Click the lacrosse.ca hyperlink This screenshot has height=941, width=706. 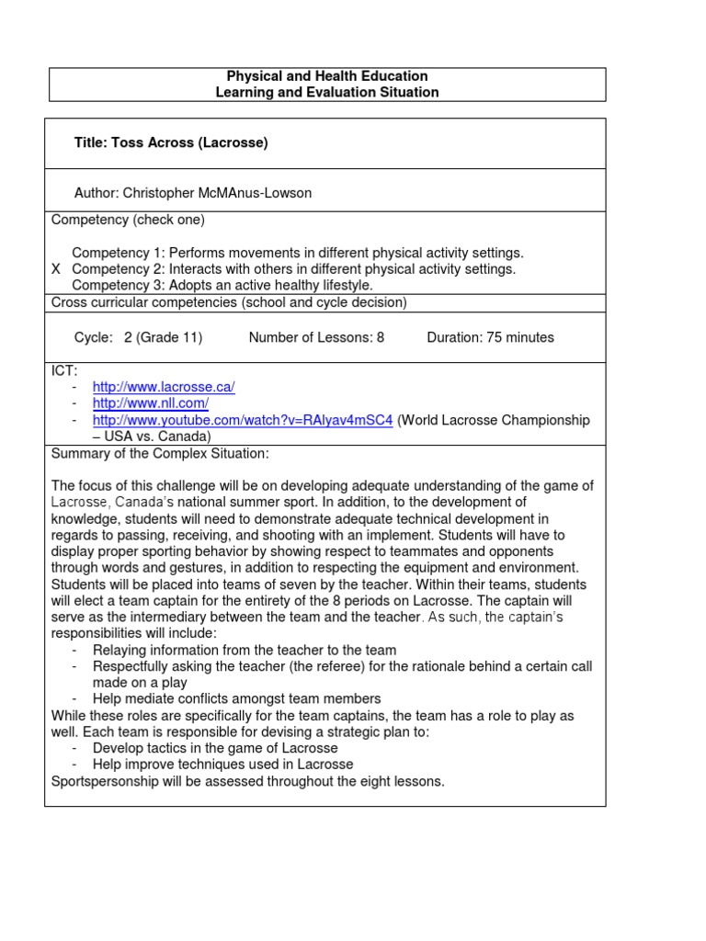tap(164, 387)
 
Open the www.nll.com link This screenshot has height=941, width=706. tap(151, 403)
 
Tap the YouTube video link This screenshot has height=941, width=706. tap(243, 420)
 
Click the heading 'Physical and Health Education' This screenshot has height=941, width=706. tap(326, 76)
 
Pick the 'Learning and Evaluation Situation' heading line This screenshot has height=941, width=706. tap(326, 92)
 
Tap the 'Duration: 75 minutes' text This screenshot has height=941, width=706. tap(490, 337)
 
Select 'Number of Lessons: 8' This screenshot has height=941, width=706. tap(316, 337)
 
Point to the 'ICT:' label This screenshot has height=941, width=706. tap(64, 369)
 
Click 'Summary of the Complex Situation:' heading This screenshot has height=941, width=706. tap(160, 454)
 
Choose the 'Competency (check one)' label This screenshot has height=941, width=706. tap(128, 220)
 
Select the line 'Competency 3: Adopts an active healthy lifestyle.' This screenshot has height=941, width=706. tap(222, 286)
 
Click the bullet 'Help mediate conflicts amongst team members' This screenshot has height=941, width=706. tap(236, 698)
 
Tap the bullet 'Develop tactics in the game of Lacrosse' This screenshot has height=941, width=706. tap(215, 748)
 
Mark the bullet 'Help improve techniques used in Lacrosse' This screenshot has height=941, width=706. tap(222, 765)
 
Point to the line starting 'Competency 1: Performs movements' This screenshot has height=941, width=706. tap(298, 253)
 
